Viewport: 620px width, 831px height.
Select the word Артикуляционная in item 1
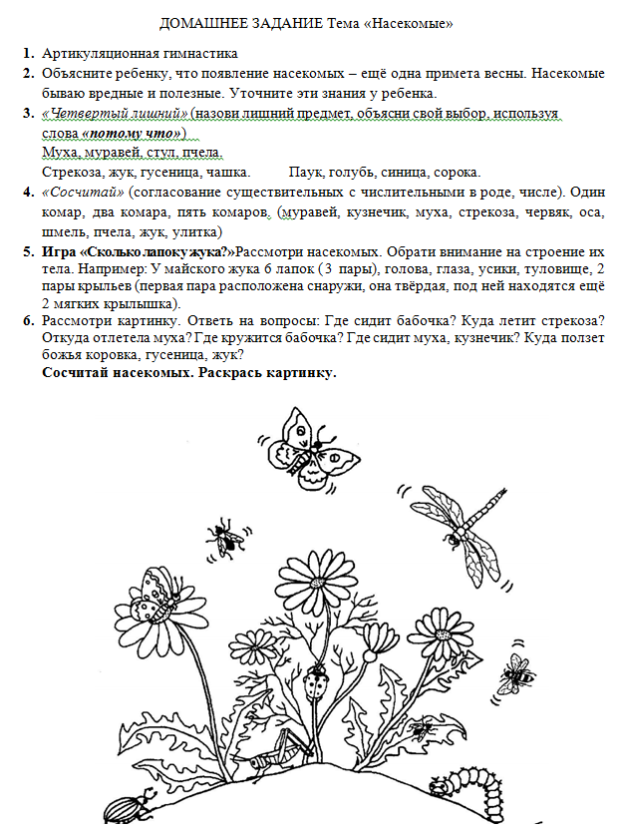99,55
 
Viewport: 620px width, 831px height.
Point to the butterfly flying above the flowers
311,445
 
